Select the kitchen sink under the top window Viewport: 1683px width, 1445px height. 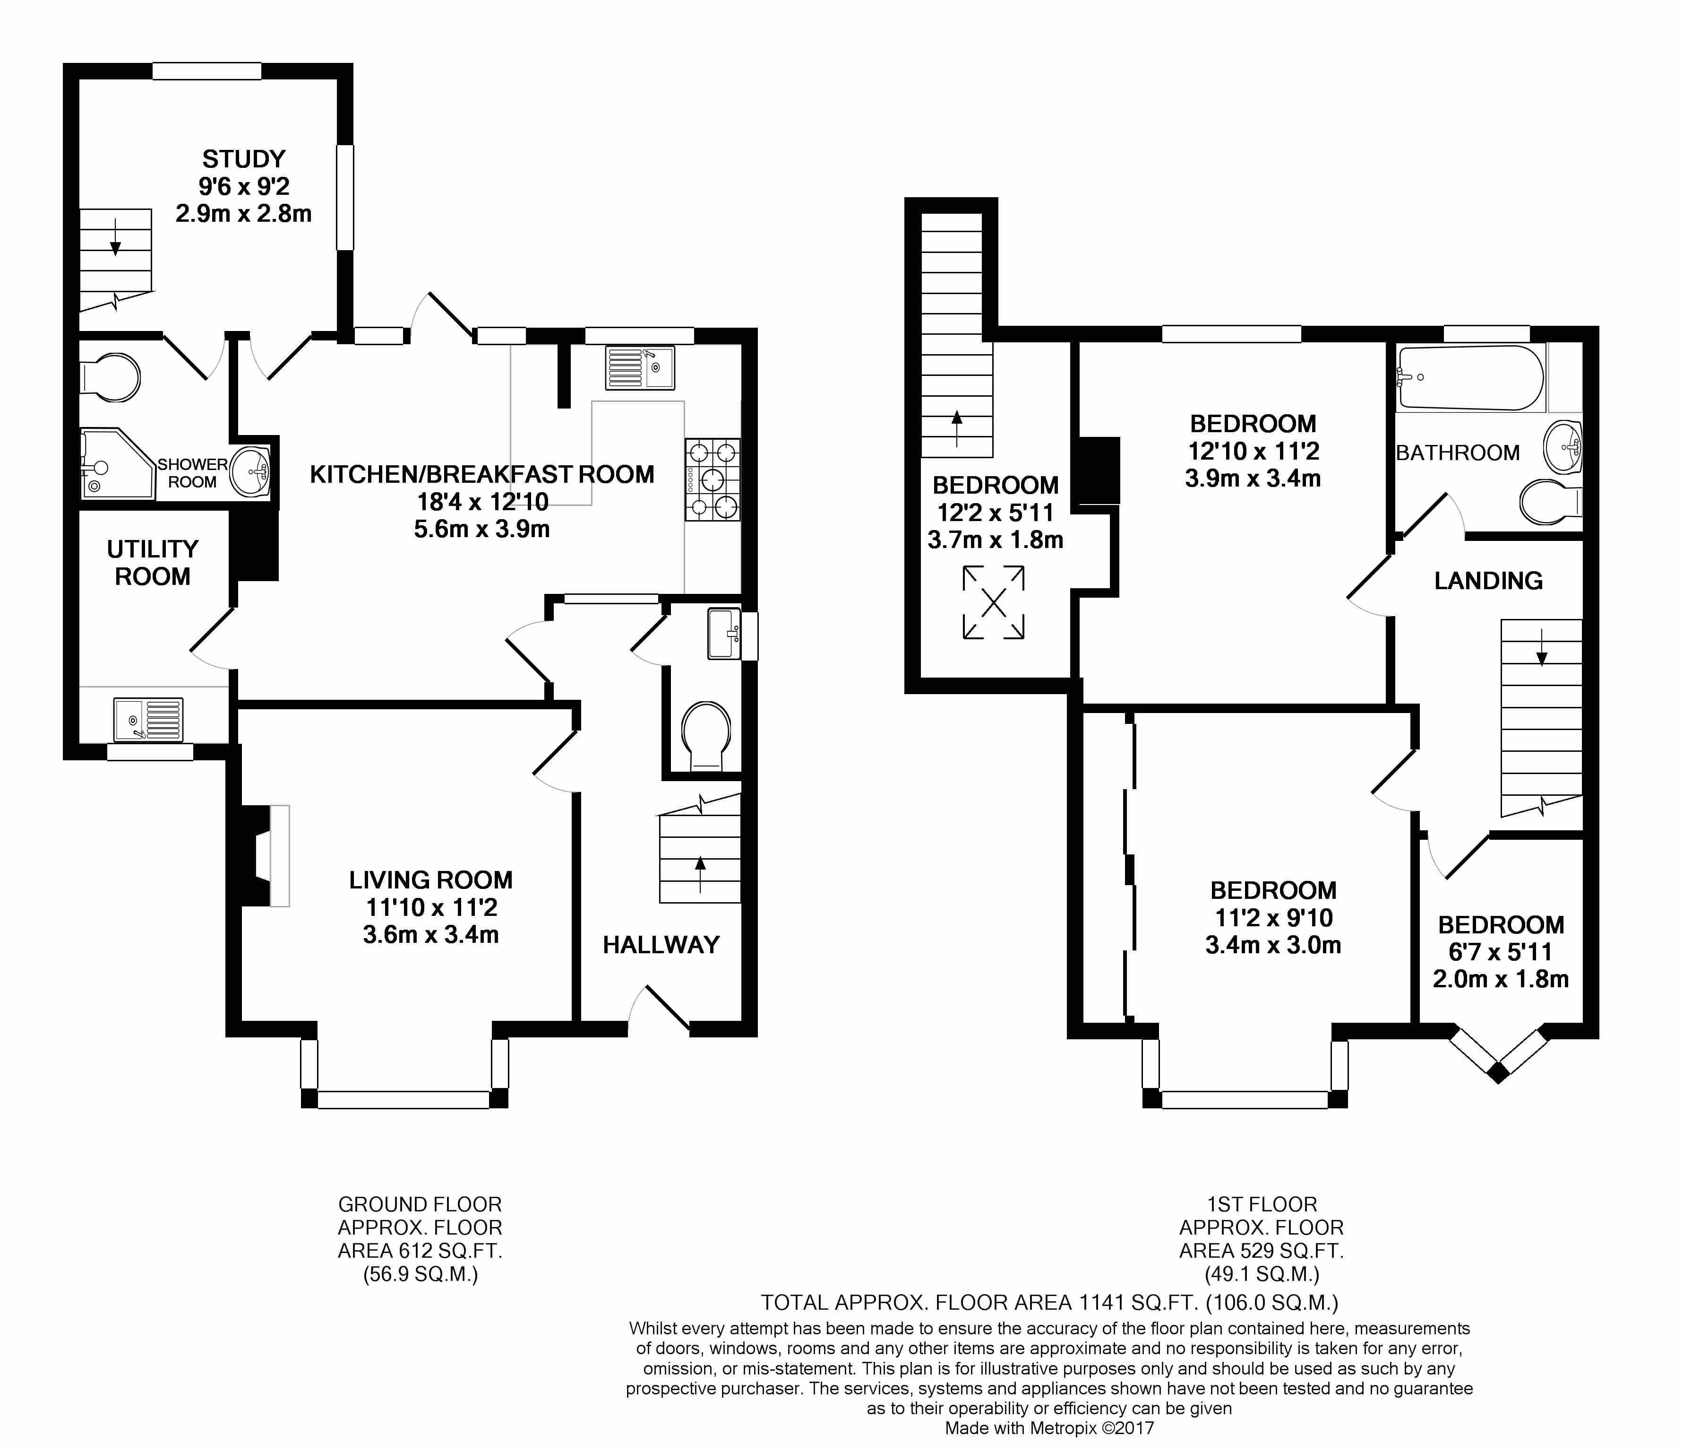click(639, 368)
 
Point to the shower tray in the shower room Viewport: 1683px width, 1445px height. click(118, 463)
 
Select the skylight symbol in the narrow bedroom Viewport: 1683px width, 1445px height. click(993, 602)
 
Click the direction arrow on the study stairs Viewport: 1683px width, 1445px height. click(115, 237)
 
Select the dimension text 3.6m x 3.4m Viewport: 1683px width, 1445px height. click(430, 935)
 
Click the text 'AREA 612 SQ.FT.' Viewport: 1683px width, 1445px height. click(420, 1251)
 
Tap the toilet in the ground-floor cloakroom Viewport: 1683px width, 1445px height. click(705, 736)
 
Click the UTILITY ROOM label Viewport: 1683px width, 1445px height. click(153, 562)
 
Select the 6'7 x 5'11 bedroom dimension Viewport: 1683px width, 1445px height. click(1500, 952)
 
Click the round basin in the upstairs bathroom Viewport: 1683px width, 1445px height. click(1562, 446)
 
